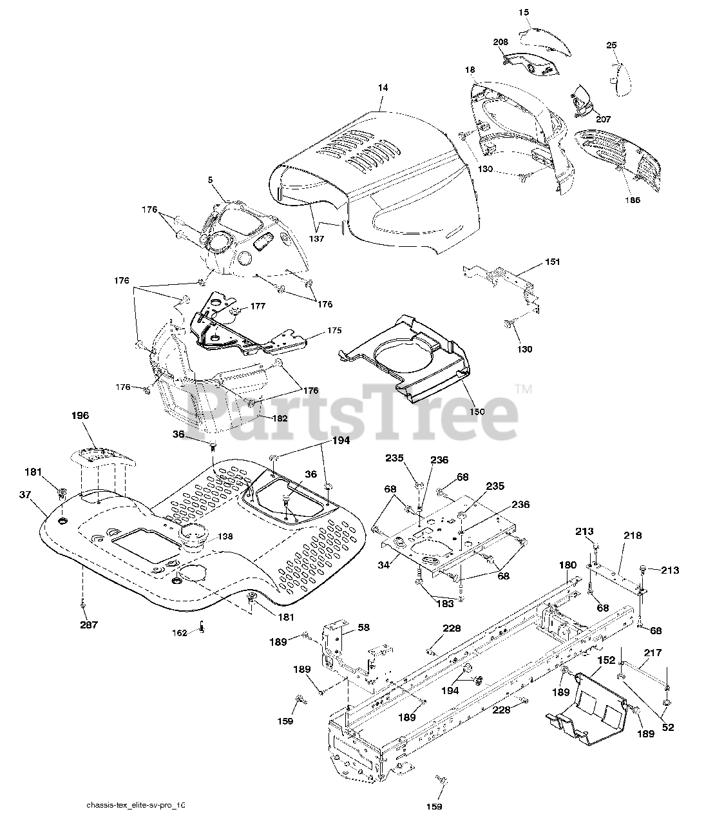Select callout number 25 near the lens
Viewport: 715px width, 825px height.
tap(611, 44)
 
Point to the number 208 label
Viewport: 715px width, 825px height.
tap(501, 42)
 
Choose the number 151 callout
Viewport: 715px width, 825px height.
tap(552, 262)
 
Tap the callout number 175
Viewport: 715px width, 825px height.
tap(334, 330)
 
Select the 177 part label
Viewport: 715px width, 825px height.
tap(258, 306)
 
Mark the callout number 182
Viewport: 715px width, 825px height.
tap(280, 418)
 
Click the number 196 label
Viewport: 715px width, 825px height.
tap(81, 416)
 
